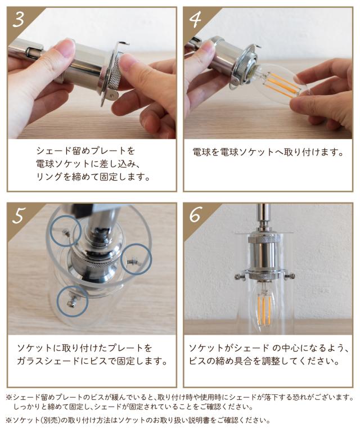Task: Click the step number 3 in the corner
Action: tap(19, 20)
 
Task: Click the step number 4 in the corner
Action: tap(195, 20)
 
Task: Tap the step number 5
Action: tap(19, 215)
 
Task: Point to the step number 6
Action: tap(195, 215)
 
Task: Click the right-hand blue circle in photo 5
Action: tap(136, 259)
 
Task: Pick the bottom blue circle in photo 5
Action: tap(73, 301)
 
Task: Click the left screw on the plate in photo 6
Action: tap(240, 276)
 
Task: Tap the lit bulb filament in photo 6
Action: tap(264, 305)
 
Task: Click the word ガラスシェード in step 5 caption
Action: tap(48, 361)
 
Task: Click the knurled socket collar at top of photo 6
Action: tap(264, 239)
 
